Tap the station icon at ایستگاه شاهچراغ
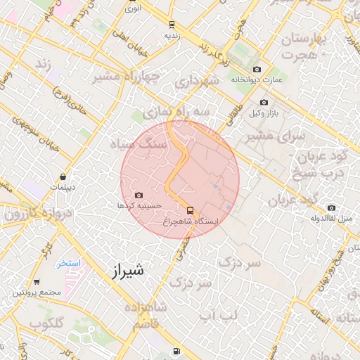click(x=191, y=210)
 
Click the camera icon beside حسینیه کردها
click(x=138, y=195)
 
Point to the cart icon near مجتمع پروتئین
click(x=37, y=281)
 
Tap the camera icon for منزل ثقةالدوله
click(x=331, y=207)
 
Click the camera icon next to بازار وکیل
click(x=264, y=103)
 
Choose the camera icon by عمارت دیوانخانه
click(x=257, y=69)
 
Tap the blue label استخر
click(x=69, y=263)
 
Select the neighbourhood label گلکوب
click(x=48, y=324)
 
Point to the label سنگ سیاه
click(x=138, y=143)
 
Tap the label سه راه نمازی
click(x=176, y=112)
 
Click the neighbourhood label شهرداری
click(x=201, y=82)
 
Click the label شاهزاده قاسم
click(x=145, y=315)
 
